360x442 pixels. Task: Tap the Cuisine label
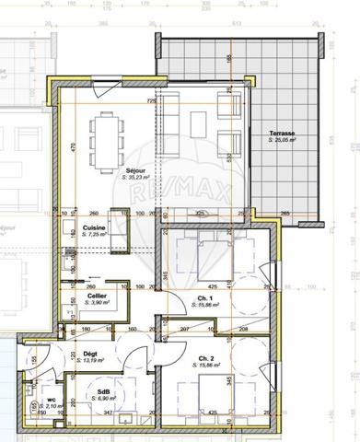93,227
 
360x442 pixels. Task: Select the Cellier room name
96,295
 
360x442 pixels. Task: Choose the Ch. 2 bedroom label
205,358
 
